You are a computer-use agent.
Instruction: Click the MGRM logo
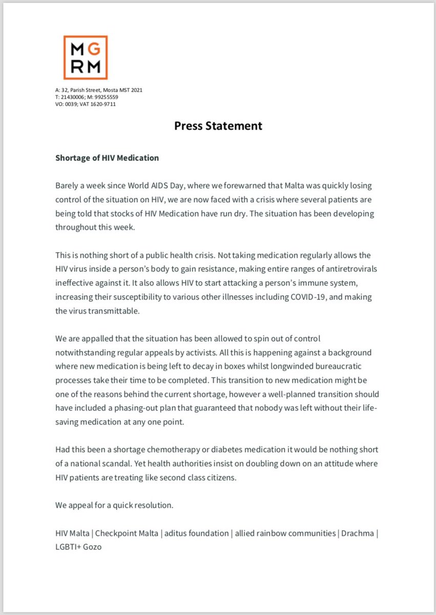(85, 57)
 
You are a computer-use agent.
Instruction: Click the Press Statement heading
(218, 126)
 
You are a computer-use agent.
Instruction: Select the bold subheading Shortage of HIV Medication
(107, 158)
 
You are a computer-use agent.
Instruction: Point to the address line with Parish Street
(99, 90)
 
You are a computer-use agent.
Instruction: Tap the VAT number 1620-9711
(105, 104)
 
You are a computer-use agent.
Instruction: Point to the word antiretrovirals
(349, 269)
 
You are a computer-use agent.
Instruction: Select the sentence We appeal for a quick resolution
(114, 505)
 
